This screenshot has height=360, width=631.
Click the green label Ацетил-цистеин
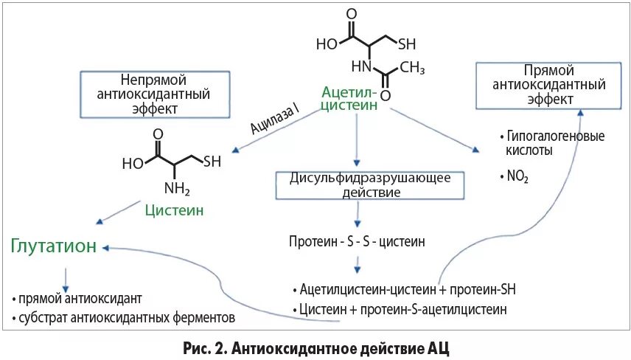point(350,99)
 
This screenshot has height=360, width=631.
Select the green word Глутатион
point(54,246)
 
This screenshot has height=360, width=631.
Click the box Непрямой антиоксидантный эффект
point(154,94)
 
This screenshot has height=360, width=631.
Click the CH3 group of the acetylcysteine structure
point(412,69)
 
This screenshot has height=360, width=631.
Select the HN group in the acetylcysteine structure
point(361,67)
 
